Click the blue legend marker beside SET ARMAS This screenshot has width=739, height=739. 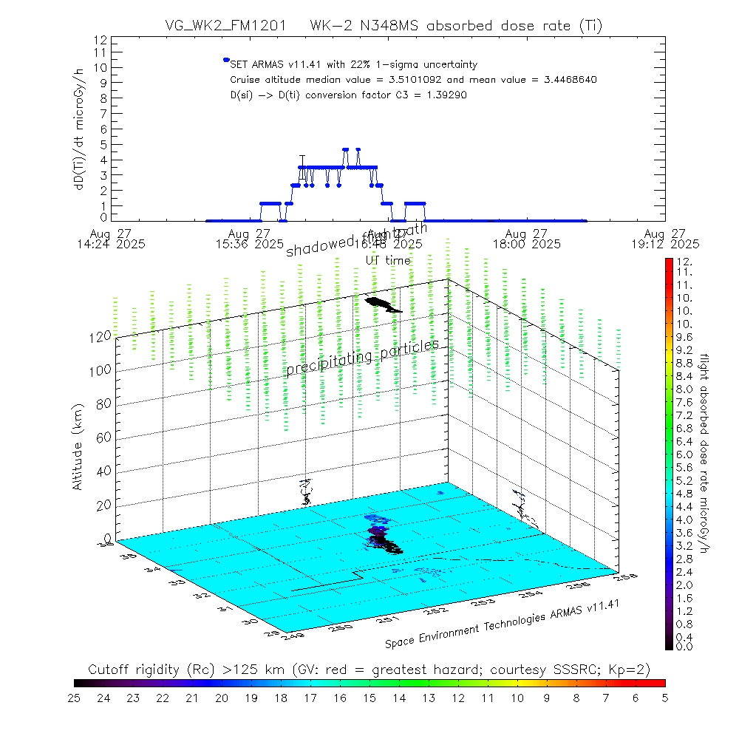pyautogui.click(x=226, y=60)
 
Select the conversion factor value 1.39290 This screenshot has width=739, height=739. pyautogui.click(x=442, y=95)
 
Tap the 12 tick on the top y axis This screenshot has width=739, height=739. pyautogui.click(x=101, y=41)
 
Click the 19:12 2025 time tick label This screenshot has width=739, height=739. pyautogui.click(x=664, y=243)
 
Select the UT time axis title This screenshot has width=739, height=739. pyautogui.click(x=388, y=260)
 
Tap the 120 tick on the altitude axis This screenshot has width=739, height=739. pyautogui.click(x=101, y=336)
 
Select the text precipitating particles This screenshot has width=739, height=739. pyautogui.click(x=363, y=358)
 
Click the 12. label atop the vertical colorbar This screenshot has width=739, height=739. pyautogui.click(x=682, y=262)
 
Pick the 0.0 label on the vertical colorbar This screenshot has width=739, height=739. pyautogui.click(x=684, y=647)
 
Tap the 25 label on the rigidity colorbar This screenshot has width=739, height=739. pyautogui.click(x=75, y=697)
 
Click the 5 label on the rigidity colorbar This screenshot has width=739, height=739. pyautogui.click(x=664, y=697)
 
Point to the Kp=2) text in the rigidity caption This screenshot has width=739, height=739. pyautogui.click(x=630, y=670)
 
